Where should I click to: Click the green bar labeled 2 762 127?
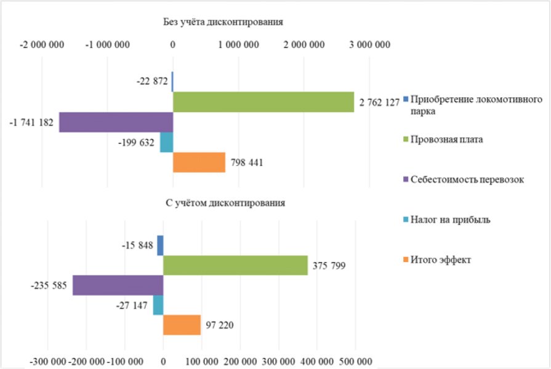(263, 102)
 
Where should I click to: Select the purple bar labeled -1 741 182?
(116, 122)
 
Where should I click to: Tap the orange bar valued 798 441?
(199, 162)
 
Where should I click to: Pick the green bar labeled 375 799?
(235, 266)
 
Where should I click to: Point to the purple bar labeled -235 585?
(118, 285)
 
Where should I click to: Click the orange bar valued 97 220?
(182, 325)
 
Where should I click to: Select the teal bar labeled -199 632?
(166, 143)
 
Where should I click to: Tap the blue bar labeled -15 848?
(160, 245)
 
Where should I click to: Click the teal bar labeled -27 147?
(158, 305)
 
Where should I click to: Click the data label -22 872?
(152, 81)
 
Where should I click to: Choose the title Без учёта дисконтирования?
(223, 22)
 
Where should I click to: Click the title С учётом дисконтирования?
(226, 202)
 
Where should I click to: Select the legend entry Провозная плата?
(447, 140)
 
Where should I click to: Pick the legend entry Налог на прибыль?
(450, 220)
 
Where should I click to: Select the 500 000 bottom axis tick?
(355, 361)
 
